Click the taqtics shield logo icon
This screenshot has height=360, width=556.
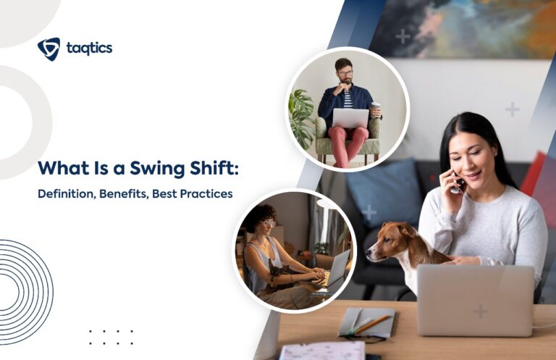pos(49,49)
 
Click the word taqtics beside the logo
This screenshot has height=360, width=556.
pos(89,49)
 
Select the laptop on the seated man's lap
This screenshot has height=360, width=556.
pos(350,118)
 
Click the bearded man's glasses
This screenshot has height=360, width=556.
pos(345,73)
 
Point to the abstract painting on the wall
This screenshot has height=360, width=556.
pos(463,29)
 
